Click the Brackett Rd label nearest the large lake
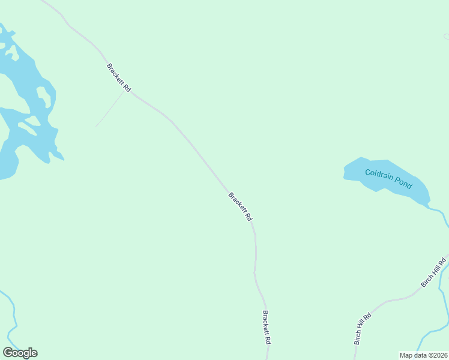pos(119,77)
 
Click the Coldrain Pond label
pos(388,178)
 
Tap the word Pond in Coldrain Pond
pos(404,183)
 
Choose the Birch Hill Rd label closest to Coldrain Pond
pos(434,272)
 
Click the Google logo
pos(20,353)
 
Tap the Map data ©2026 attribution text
pos(423,355)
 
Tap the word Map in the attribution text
pos(406,355)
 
